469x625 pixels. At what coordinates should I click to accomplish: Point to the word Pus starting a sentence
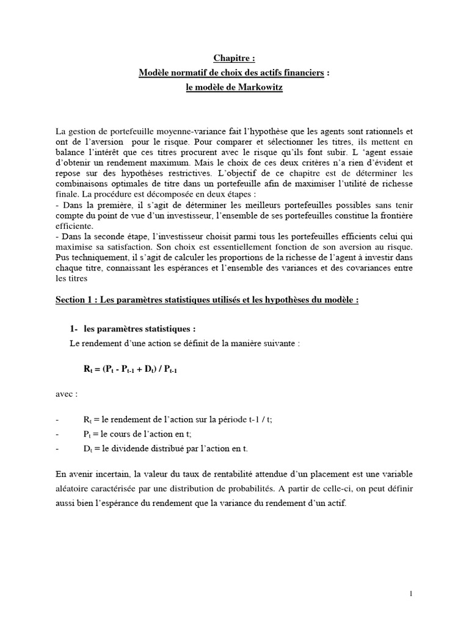tap(62, 258)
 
